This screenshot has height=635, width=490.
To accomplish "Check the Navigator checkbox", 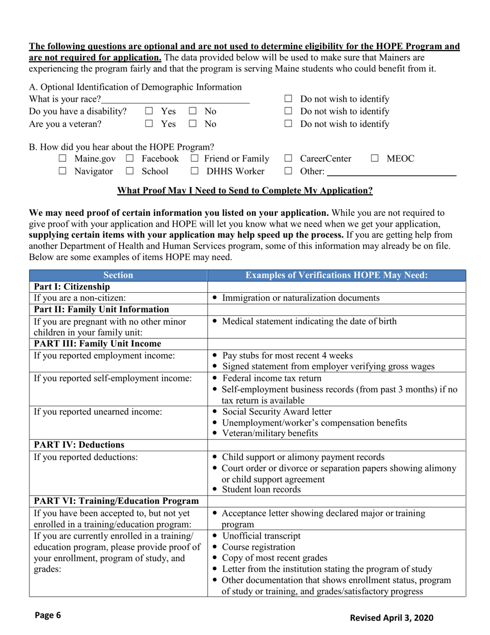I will [63, 171].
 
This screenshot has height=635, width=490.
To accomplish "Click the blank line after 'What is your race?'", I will [175, 99].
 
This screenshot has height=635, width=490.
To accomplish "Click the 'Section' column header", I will [118, 276].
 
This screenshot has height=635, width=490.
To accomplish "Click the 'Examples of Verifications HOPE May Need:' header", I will [337, 276].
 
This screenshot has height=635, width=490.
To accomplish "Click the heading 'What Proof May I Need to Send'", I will [245, 190].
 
